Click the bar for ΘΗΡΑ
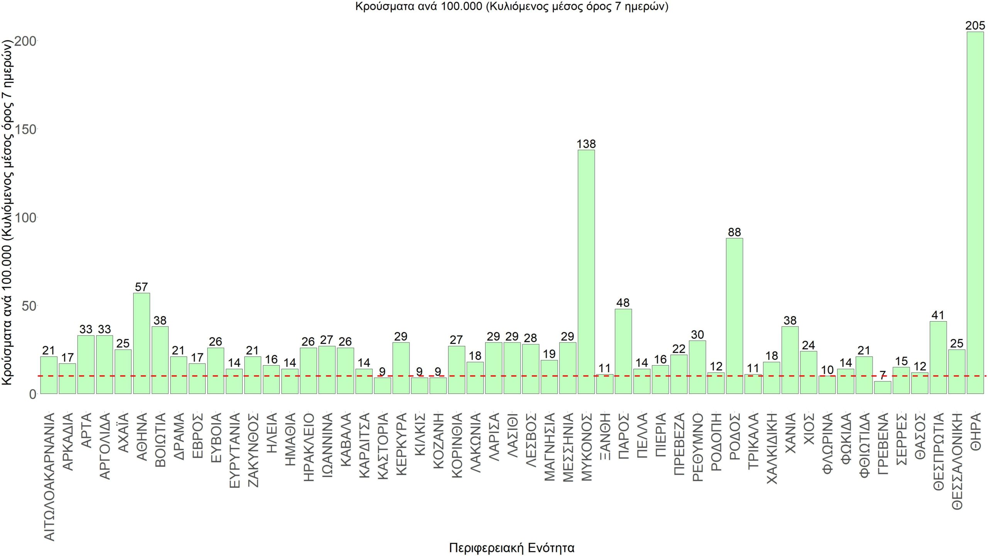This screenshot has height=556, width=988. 975,212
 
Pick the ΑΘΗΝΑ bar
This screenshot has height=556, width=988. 142,343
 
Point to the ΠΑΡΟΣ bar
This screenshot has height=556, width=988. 623,351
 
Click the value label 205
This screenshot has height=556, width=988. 975,26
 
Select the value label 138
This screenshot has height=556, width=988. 586,144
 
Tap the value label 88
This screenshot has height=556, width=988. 734,232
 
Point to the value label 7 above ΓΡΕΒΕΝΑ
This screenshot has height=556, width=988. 883,375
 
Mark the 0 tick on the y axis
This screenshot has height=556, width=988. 32,394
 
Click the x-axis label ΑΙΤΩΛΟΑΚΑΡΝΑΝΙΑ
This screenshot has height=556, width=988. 49,476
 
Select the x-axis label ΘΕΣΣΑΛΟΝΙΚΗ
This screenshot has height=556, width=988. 957,461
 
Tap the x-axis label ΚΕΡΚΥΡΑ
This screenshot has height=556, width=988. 401,444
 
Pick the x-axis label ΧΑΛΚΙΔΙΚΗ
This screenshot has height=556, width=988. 771,448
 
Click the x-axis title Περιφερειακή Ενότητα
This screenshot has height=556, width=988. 512,548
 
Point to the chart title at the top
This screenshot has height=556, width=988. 512,7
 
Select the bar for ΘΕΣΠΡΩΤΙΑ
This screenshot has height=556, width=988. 938,357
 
